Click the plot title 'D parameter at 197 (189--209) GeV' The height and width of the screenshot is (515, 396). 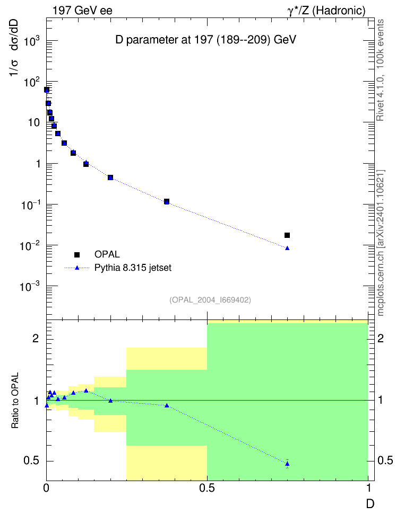pyautogui.click(x=206, y=40)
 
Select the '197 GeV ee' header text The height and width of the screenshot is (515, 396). pyautogui.click(x=82, y=11)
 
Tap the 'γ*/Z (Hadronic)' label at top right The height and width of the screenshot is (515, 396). pyautogui.click(x=326, y=11)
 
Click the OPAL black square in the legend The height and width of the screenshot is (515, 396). pyautogui.click(x=77, y=254)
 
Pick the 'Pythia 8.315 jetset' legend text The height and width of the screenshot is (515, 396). pyautogui.click(x=133, y=268)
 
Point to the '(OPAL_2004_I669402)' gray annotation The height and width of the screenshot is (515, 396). pyautogui.click(x=210, y=300)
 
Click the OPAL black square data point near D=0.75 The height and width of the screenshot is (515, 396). pyautogui.click(x=287, y=235)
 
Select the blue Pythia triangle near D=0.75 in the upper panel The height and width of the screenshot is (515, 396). pyautogui.click(x=287, y=248)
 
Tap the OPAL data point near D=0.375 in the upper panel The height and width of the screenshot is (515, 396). pyautogui.click(x=167, y=201)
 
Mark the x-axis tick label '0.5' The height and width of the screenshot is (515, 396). pyautogui.click(x=206, y=488)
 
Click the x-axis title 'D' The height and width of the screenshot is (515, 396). pyautogui.click(x=371, y=504)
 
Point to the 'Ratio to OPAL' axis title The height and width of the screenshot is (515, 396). pyautogui.click(x=15, y=401)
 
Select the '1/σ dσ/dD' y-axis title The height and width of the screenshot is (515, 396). pyautogui.click(x=14, y=48)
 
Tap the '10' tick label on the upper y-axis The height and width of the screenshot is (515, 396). pyautogui.click(x=34, y=123)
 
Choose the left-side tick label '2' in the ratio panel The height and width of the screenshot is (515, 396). pyautogui.click(x=36, y=338)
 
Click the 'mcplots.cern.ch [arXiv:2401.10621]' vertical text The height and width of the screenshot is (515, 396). pyautogui.click(x=381, y=243)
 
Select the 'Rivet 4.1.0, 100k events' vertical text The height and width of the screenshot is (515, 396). pyautogui.click(x=380, y=70)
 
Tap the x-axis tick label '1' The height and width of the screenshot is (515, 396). pyautogui.click(x=369, y=488)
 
